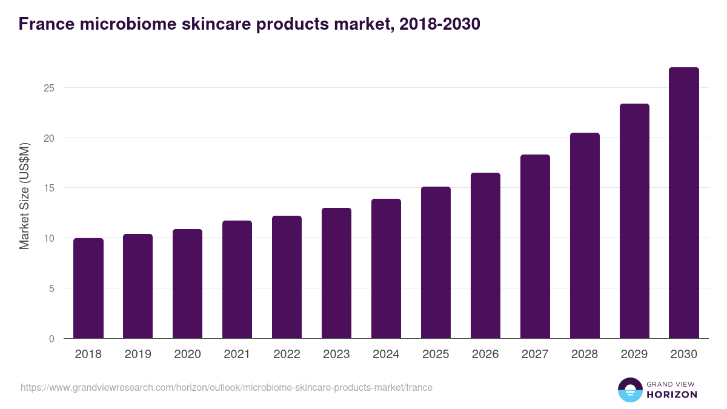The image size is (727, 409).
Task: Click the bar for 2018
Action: (x=88, y=288)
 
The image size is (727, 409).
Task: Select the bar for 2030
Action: (x=684, y=203)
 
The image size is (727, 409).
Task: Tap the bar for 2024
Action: (x=387, y=268)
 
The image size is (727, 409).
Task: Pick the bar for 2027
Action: (x=535, y=247)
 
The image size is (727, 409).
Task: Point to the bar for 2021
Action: (x=237, y=279)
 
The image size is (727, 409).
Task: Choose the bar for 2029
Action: (x=634, y=221)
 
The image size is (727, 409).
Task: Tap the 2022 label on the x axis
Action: (x=287, y=354)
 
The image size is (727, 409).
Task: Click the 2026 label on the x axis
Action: (x=485, y=354)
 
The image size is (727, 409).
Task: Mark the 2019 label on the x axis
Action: (x=138, y=354)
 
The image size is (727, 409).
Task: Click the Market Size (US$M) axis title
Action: (x=24, y=196)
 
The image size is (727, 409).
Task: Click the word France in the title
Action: (x=46, y=24)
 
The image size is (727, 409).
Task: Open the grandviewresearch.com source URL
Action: (x=227, y=387)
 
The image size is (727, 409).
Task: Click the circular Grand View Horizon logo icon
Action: (x=630, y=390)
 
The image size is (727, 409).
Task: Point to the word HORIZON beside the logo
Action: (x=672, y=394)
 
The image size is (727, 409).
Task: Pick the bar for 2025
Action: (x=436, y=262)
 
